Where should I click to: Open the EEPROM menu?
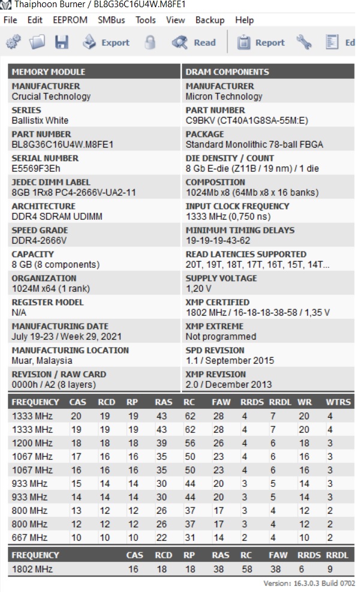(70, 20)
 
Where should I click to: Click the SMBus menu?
(112, 20)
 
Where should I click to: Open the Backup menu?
(210, 20)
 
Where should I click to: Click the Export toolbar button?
(106, 43)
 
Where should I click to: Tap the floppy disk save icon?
(61, 43)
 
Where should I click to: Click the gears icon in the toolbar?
(14, 43)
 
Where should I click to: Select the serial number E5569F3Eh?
(36, 169)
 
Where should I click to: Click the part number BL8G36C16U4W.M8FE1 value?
(62, 145)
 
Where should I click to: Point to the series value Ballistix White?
(40, 121)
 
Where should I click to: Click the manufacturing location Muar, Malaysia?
(42, 361)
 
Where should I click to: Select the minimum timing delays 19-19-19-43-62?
(218, 241)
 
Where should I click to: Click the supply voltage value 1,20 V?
(199, 289)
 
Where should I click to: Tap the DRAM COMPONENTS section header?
(227, 72)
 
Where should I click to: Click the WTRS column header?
(338, 402)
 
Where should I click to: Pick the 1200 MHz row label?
(32, 443)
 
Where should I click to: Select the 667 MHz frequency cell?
(29, 537)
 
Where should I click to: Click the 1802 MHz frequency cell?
(32, 569)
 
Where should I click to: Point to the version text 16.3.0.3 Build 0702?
(309, 584)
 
